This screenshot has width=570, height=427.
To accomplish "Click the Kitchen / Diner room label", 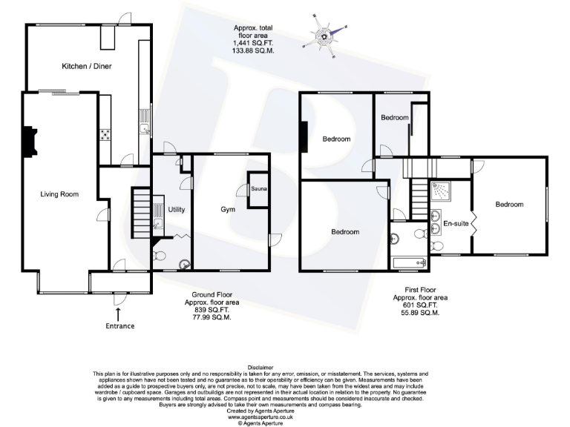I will pyautogui.click(x=81, y=67).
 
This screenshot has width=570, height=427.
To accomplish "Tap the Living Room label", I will pyautogui.click(x=59, y=194).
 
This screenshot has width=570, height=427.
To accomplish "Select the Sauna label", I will pyautogui.click(x=259, y=188).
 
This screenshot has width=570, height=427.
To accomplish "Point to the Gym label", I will pyautogui.click(x=229, y=210).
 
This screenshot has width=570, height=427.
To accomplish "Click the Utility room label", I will pyautogui.click(x=177, y=210).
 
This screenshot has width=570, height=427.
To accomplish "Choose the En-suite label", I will pyautogui.click(x=455, y=223).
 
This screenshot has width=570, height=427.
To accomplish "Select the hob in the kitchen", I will pyautogui.click(x=105, y=135).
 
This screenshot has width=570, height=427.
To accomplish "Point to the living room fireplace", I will pyautogui.click(x=27, y=142).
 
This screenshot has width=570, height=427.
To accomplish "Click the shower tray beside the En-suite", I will pyautogui.click(x=443, y=191).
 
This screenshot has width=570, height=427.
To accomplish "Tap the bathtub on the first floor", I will pyautogui.click(x=408, y=262).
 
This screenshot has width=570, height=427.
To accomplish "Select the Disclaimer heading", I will pyautogui.click(x=261, y=367).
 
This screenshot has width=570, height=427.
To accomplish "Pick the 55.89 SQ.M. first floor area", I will pyautogui.click(x=420, y=313).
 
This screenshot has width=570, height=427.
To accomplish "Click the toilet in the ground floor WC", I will pyautogui.click(x=160, y=258).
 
